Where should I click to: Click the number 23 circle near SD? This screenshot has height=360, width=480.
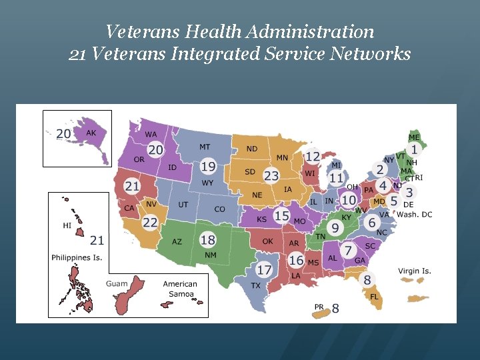tap(271, 176)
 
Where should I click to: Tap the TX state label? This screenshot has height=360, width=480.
tap(255, 285)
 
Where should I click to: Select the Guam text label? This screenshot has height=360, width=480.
tap(116, 283)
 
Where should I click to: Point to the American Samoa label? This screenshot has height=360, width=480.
tap(180, 289)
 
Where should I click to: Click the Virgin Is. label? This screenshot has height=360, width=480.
tap(415, 271)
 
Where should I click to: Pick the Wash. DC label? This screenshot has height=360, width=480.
tap(415, 214)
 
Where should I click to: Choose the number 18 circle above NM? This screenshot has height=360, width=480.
tap(208, 239)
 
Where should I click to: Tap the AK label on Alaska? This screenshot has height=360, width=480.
tap(91, 133)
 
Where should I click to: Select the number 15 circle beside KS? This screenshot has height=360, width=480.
tap(281, 216)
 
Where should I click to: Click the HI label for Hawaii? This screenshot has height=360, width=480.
tap(67, 226)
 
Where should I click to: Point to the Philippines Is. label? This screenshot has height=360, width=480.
tap(77, 257)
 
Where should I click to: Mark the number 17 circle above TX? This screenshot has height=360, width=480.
tap(265, 270)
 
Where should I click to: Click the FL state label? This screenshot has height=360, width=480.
tap(374, 297)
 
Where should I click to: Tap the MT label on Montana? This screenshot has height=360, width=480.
tap(205, 147)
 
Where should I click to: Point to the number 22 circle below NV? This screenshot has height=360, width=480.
tap(150, 222)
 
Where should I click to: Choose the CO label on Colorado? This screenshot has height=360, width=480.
tap(219, 209)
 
